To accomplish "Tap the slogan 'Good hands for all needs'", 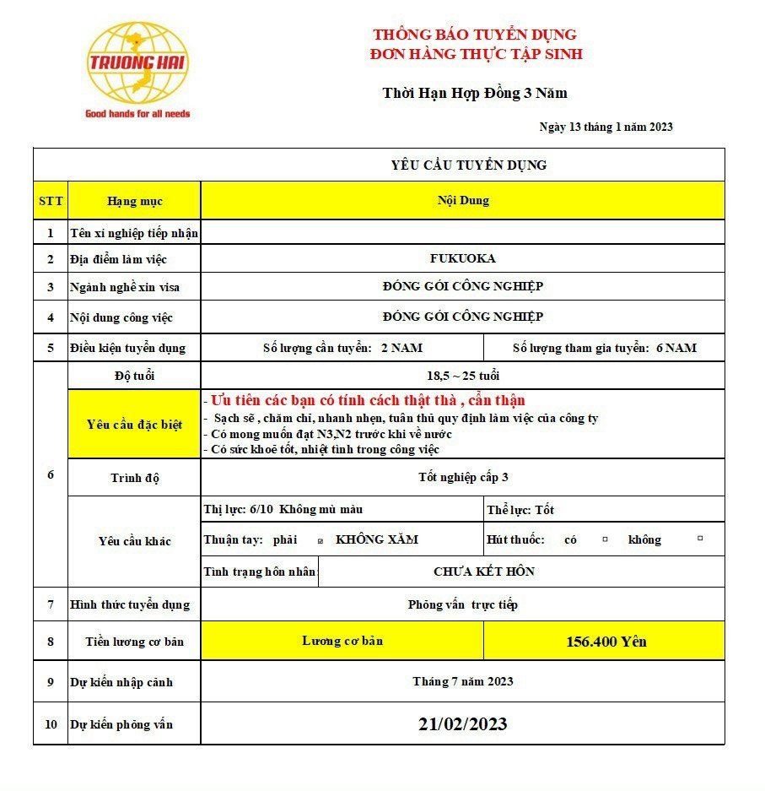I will [x=137, y=113].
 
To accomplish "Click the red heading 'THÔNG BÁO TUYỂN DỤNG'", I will [x=475, y=35].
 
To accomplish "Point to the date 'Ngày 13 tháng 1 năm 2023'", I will [x=606, y=127].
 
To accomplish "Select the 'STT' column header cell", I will [x=51, y=201].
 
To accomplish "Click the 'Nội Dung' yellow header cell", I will [x=462, y=200].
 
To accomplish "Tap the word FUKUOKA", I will [x=462, y=258].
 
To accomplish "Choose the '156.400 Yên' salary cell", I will [x=605, y=642].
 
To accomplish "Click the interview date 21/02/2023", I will [x=462, y=724].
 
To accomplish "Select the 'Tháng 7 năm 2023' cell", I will [x=462, y=681].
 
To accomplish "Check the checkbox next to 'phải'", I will [x=320, y=540].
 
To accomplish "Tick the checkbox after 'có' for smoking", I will [x=605, y=539].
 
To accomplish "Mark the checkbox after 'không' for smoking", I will [x=699, y=538].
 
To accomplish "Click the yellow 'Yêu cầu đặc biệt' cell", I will [x=134, y=424].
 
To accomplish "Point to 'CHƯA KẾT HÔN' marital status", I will [x=483, y=572].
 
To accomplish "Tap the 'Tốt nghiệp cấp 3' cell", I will [x=462, y=477].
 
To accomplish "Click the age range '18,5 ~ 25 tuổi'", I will [x=462, y=376].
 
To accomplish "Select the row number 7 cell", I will [x=51, y=604].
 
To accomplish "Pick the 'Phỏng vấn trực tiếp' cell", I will [x=462, y=604].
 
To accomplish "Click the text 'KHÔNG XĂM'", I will [x=376, y=539].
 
